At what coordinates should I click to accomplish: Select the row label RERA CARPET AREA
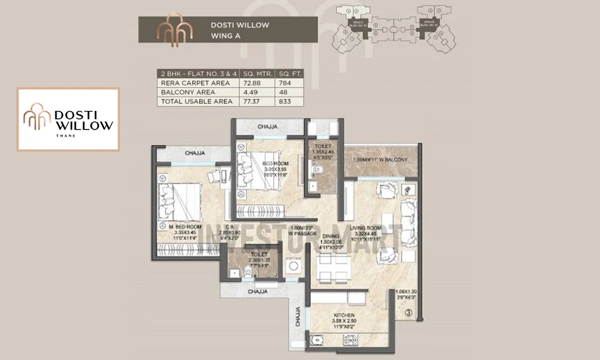click(x=187, y=83)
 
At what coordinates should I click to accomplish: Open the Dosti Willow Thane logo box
click(x=68, y=119)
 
